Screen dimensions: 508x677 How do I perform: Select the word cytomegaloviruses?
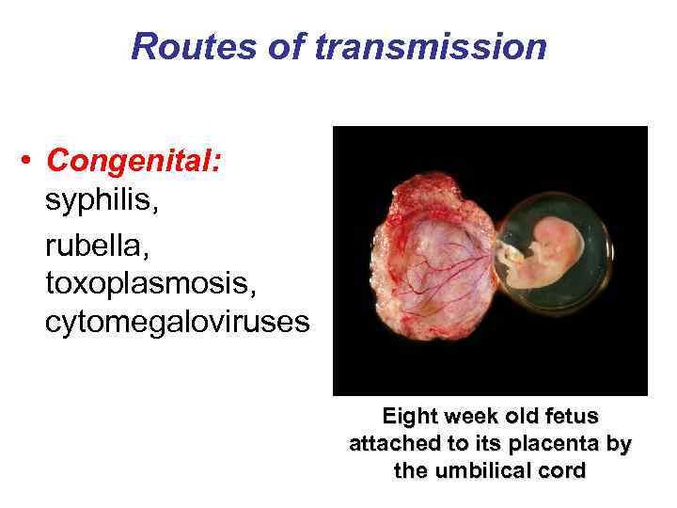[176, 323]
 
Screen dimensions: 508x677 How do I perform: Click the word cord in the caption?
[563, 470]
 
